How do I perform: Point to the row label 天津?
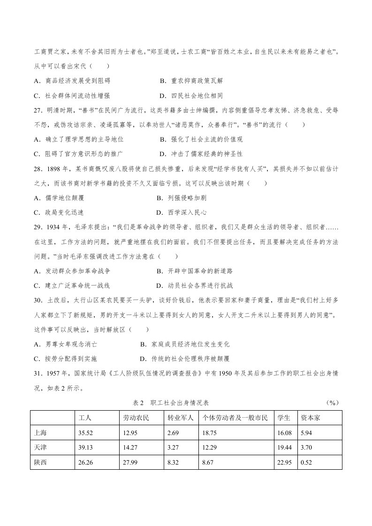point(41,448)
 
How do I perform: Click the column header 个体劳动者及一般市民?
point(235,418)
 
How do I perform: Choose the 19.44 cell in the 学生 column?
point(284,448)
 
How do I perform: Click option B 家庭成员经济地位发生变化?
point(185,344)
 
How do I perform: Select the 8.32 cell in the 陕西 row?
point(174,463)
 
